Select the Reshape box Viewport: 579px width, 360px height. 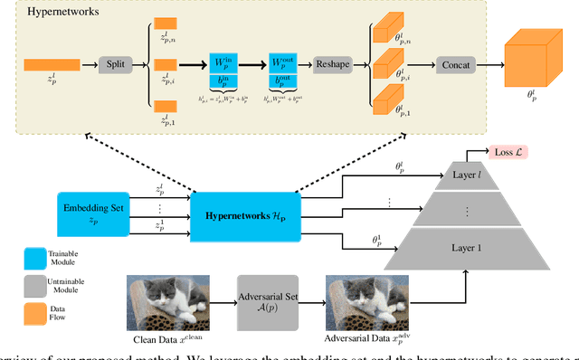[333, 65]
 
